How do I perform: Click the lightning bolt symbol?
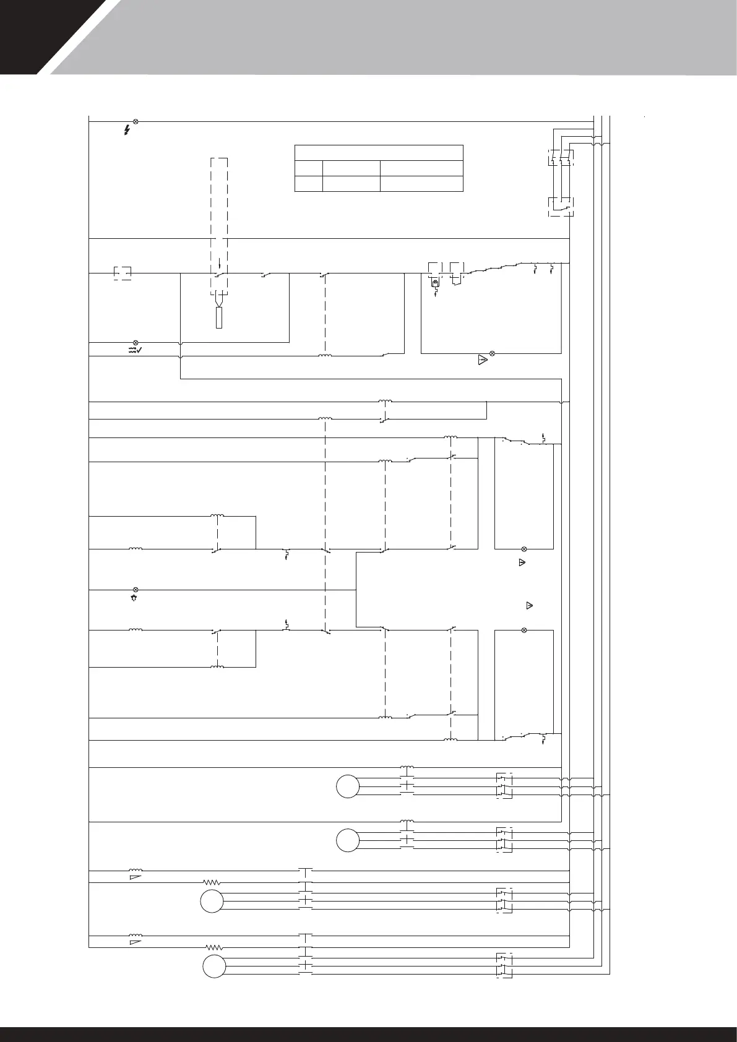[x=127, y=131]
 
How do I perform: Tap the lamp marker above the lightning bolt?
[x=136, y=122]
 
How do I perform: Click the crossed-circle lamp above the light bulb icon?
[x=136, y=590]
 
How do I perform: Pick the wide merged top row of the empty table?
[x=379, y=152]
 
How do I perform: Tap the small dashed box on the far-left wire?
[x=123, y=273]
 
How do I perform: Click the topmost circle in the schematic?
[x=348, y=786]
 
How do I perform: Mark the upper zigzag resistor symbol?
[x=212, y=882]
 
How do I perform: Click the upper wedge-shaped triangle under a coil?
[x=136, y=877]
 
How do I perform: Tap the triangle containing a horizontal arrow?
[x=483, y=360]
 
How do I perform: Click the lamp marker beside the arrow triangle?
[x=492, y=353]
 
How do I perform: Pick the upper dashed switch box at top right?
[x=560, y=158]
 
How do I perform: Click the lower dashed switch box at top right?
[x=561, y=207]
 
